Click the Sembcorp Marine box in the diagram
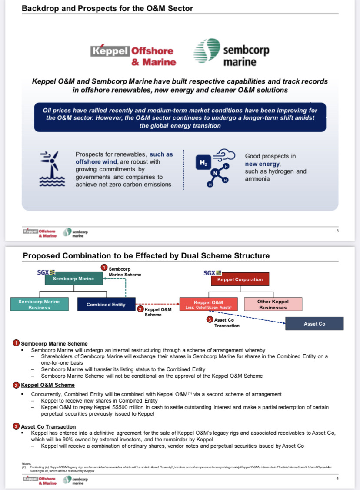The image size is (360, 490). tap(73, 279)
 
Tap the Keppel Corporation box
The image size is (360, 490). tap(240, 279)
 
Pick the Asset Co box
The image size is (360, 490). tap(314, 324)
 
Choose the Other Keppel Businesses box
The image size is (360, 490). tap(273, 304)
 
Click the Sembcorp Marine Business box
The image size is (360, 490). tap(39, 304)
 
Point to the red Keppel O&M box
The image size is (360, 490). tap(208, 304)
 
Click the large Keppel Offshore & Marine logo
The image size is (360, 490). tap(133, 56)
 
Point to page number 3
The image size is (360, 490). tap(337, 231)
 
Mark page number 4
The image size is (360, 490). tap(337, 478)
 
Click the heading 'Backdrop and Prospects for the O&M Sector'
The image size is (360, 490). tap(107, 8)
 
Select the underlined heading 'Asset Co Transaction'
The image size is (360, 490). tap(48, 426)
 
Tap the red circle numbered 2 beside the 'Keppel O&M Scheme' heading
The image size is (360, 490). tap(17, 385)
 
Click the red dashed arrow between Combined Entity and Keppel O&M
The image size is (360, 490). tap(157, 304)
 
